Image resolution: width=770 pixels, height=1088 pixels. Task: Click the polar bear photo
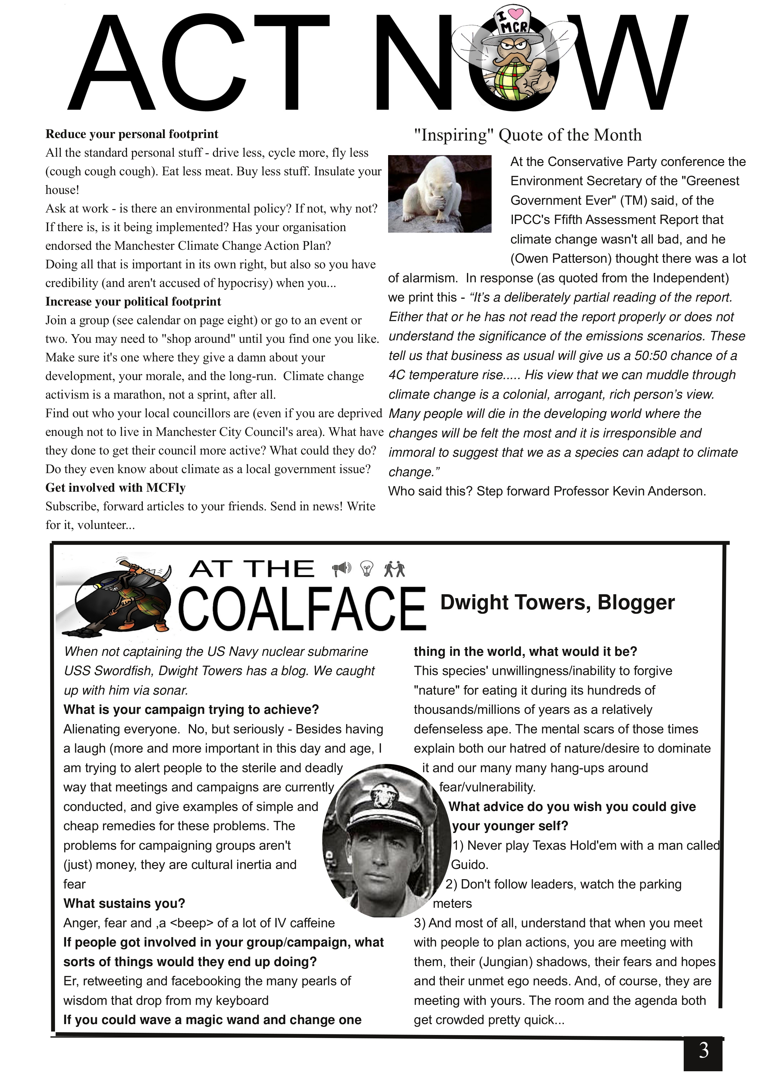coord(440,194)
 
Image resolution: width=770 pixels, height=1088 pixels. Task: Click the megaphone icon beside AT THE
coord(342,569)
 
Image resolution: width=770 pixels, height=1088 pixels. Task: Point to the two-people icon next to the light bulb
coord(395,569)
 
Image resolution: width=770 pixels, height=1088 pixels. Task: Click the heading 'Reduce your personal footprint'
coord(132,134)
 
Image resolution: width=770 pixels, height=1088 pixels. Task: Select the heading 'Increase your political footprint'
coord(133,302)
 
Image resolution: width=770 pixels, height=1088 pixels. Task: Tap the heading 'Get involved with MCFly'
coord(115,488)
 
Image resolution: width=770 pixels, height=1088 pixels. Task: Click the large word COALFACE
coord(302,609)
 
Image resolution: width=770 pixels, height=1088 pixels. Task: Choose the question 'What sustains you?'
coord(124,903)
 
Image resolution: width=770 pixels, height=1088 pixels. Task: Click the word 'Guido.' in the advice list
coord(469,865)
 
